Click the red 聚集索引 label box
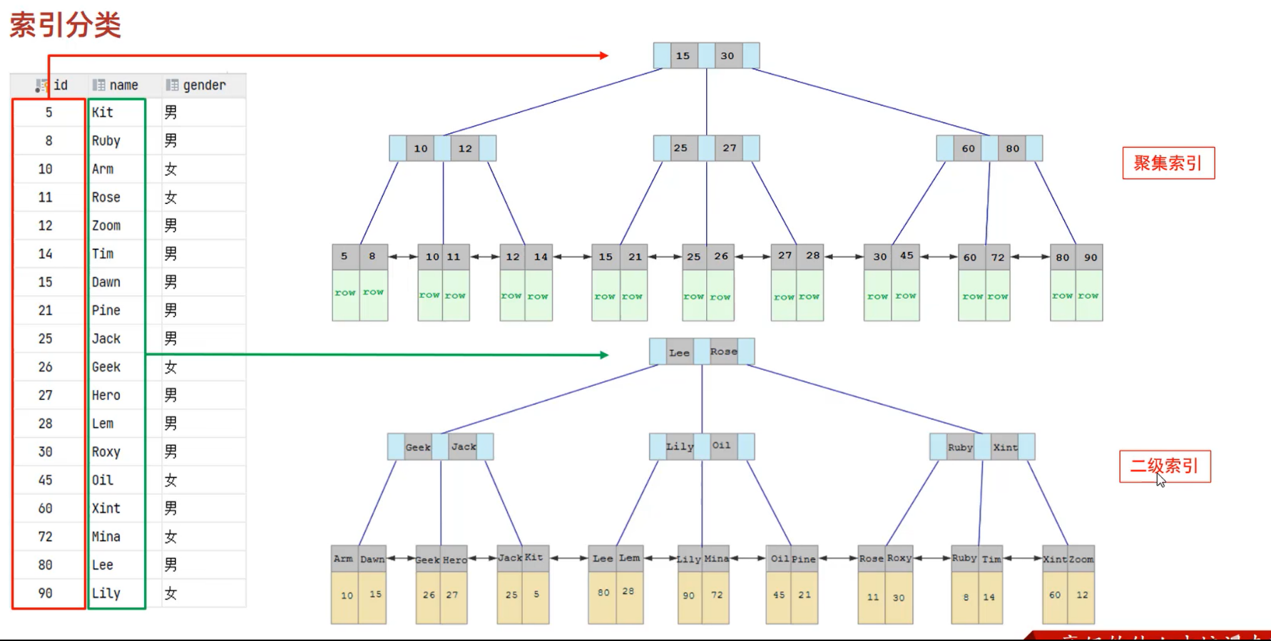click(1168, 163)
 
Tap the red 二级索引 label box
click(1164, 466)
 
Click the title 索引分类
click(66, 25)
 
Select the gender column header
click(203, 86)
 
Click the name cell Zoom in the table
click(106, 226)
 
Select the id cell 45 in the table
click(46, 480)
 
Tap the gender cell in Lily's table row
click(170, 593)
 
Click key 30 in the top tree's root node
click(727, 56)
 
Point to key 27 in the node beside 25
click(729, 148)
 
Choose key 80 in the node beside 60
click(1012, 148)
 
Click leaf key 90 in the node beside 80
click(1090, 257)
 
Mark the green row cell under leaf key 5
click(345, 293)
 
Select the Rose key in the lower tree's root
click(723, 352)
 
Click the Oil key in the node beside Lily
click(721, 446)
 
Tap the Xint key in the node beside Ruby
click(1005, 447)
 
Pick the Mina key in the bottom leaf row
click(716, 559)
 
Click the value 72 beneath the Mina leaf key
click(716, 595)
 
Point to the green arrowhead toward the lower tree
click(604, 354)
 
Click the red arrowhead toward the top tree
click(603, 55)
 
